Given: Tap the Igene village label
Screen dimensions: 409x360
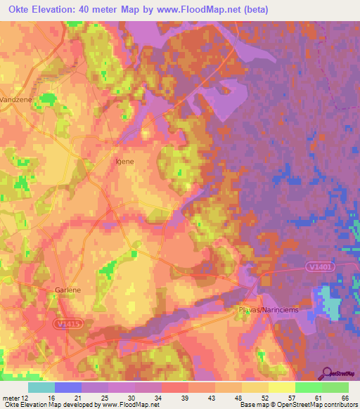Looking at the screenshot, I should click(x=124, y=161).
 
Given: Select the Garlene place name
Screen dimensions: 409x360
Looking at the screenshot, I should click(x=70, y=290).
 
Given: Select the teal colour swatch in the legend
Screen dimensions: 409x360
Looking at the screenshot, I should click(x=41, y=387).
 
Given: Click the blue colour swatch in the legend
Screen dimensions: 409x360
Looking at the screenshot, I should click(x=68, y=387).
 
